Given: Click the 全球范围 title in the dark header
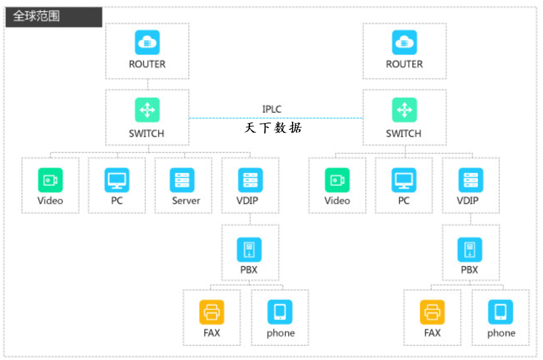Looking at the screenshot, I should [x=36, y=16].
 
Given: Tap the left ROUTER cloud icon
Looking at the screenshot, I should [x=147, y=42].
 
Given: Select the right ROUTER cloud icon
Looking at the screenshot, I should [x=404, y=42].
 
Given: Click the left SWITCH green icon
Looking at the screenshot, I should [x=147, y=110].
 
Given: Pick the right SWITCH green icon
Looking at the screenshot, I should [x=404, y=110].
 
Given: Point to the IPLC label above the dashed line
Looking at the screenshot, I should [x=272, y=108].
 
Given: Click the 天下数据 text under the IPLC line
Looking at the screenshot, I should [x=273, y=128].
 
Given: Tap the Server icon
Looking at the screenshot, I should [x=183, y=180].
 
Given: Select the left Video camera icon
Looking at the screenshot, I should [x=50, y=180].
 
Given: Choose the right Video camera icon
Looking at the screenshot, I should [x=337, y=180].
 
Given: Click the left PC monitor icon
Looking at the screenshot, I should [x=117, y=180].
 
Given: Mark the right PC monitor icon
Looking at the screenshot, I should [x=404, y=180].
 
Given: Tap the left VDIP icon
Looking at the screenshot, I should [x=250, y=180].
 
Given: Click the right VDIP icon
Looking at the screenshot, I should [x=470, y=180].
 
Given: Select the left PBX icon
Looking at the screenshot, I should [x=249, y=249].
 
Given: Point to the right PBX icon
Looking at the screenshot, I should [x=470, y=249].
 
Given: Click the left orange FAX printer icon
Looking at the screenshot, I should [x=212, y=312].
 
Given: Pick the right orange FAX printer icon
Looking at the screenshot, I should [x=432, y=312].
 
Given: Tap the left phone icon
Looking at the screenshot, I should [x=280, y=312].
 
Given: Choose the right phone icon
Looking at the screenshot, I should [x=500, y=312].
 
